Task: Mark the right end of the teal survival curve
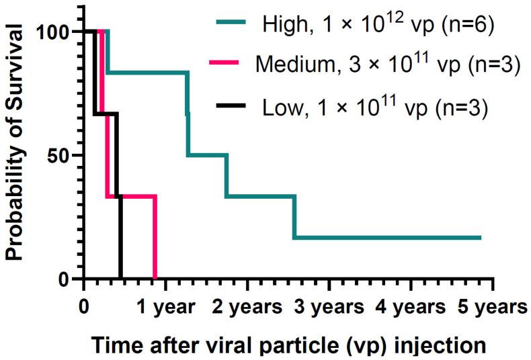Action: point(480,238)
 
